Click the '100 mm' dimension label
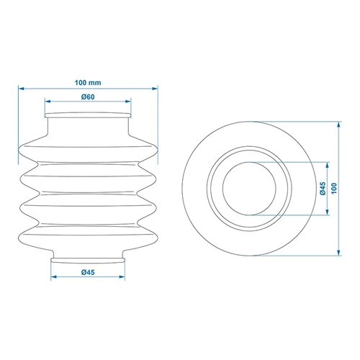(88, 83)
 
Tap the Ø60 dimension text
(88, 97)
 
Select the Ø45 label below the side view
(88, 272)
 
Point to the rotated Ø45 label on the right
(323, 189)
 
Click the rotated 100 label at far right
(334, 189)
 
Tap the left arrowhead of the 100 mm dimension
(22, 89)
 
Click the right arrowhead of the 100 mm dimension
(155, 89)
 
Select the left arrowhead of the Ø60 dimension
(48, 102)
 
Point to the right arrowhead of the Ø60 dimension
(128, 102)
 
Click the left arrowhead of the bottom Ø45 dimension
(54, 277)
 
